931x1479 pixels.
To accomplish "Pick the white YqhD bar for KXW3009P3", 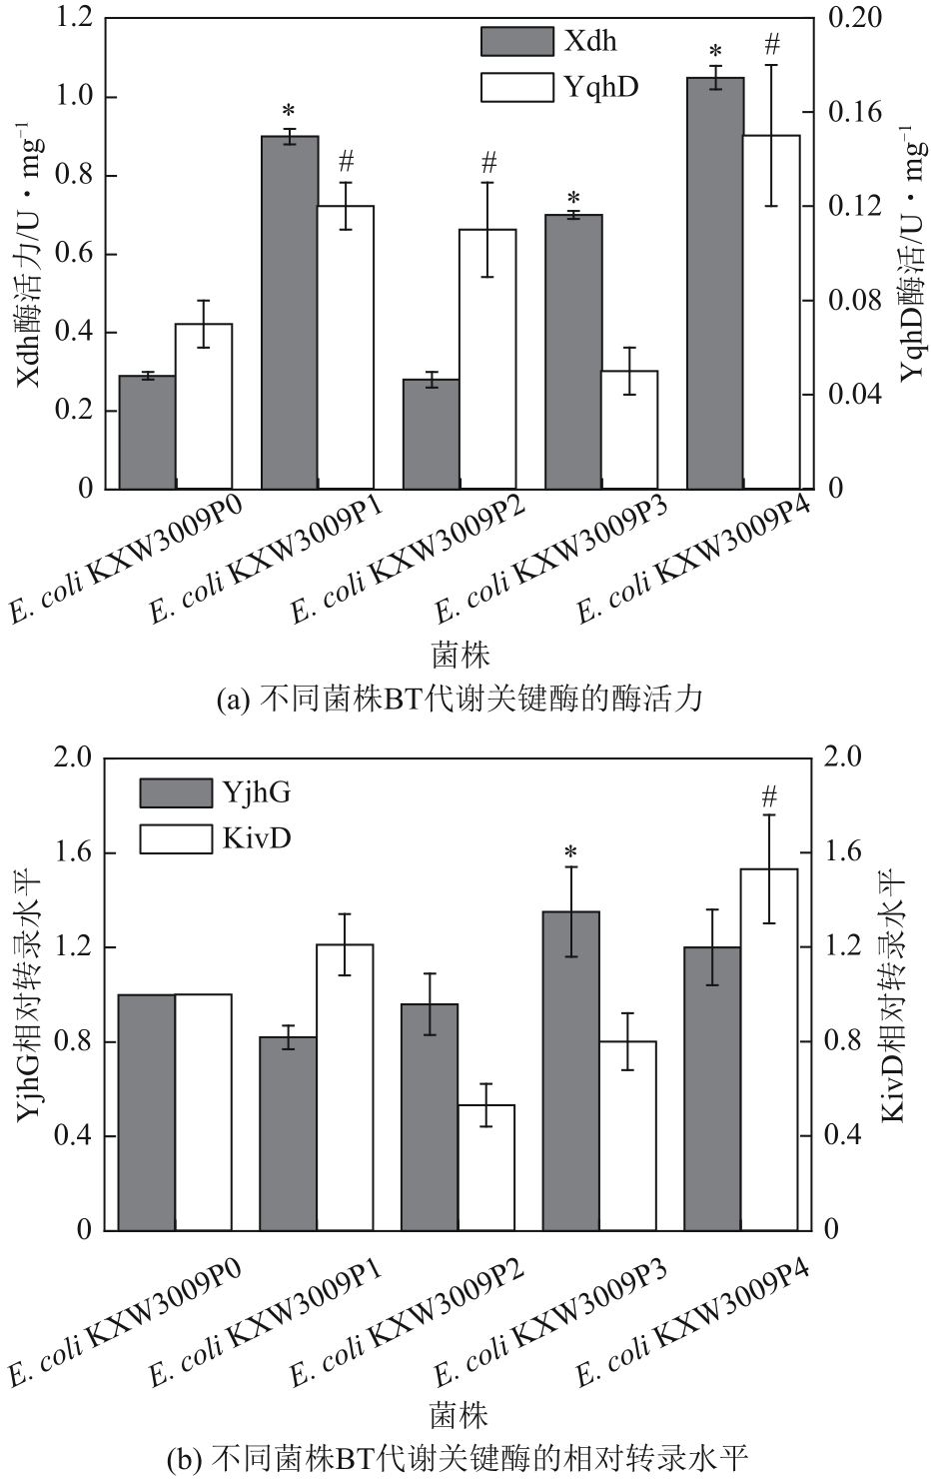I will [x=629, y=430].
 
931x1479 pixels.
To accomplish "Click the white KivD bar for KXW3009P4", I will [x=769, y=1049].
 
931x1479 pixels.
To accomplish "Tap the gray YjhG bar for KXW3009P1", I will [x=288, y=1133].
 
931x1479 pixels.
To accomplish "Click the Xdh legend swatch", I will [x=516, y=41].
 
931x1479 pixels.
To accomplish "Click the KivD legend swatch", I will [x=176, y=837].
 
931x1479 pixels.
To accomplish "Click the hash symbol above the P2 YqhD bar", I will [x=487, y=161].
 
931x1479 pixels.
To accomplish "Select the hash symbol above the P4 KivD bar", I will [x=769, y=796].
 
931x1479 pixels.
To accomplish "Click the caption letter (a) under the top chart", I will [x=233, y=699].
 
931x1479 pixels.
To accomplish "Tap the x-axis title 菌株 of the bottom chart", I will [x=460, y=1415].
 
